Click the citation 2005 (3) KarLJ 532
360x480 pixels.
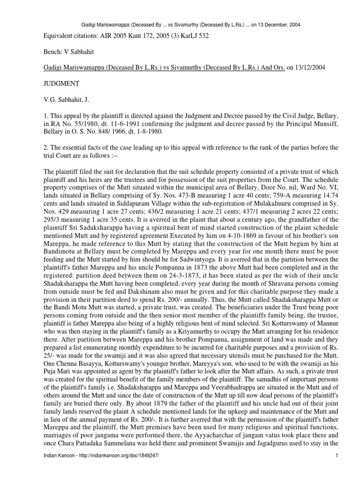click(x=189, y=36)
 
